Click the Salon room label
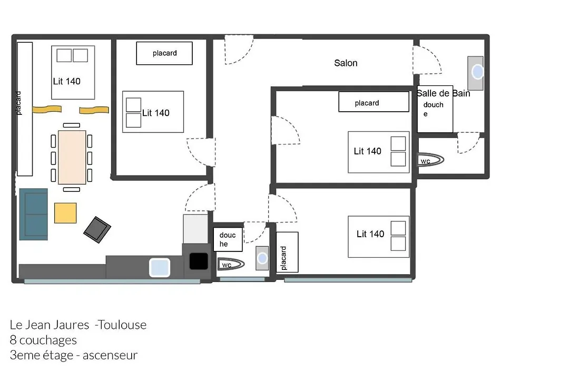click(346, 63)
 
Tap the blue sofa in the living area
click(33, 214)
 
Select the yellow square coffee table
click(65, 213)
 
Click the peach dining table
click(72, 157)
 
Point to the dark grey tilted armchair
click(97, 229)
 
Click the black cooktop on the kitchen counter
click(199, 261)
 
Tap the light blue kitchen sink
click(160, 267)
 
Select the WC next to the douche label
click(231, 264)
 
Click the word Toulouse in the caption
click(122, 325)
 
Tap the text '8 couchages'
click(43, 340)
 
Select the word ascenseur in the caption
click(110, 355)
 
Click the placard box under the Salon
click(374, 102)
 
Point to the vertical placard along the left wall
click(25, 109)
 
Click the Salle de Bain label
click(444, 93)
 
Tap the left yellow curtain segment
click(47, 109)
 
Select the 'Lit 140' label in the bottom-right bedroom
click(370, 234)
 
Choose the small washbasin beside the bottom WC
click(262, 258)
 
